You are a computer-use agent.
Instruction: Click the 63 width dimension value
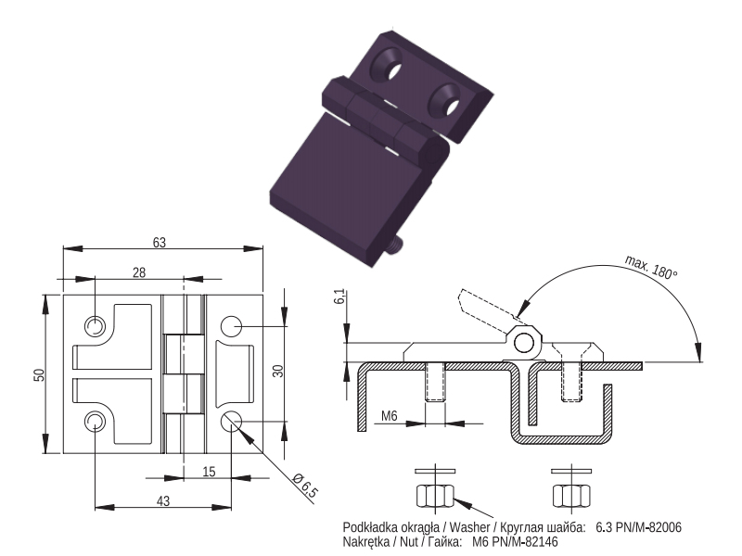point(160,243)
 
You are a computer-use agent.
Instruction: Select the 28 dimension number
point(139,272)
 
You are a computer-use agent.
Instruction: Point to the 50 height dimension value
point(39,375)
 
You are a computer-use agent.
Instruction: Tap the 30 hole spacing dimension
point(278,371)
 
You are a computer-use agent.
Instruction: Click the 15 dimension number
point(209,472)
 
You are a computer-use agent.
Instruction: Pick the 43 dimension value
point(163,501)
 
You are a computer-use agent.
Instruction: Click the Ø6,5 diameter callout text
point(305,486)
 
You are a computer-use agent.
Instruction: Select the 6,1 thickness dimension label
point(339,297)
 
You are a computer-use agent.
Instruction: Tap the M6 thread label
point(389,416)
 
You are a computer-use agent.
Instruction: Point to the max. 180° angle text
point(651,267)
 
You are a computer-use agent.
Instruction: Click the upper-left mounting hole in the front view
point(95,326)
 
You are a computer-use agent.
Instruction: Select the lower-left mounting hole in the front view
point(95,422)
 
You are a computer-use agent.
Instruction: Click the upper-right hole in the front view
point(231,326)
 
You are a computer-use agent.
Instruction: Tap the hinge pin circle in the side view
point(523,343)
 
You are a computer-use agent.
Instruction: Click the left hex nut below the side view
point(435,496)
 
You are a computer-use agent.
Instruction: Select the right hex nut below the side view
point(571,496)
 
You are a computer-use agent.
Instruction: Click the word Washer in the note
point(469,527)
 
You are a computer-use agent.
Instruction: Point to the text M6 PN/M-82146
point(516,542)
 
